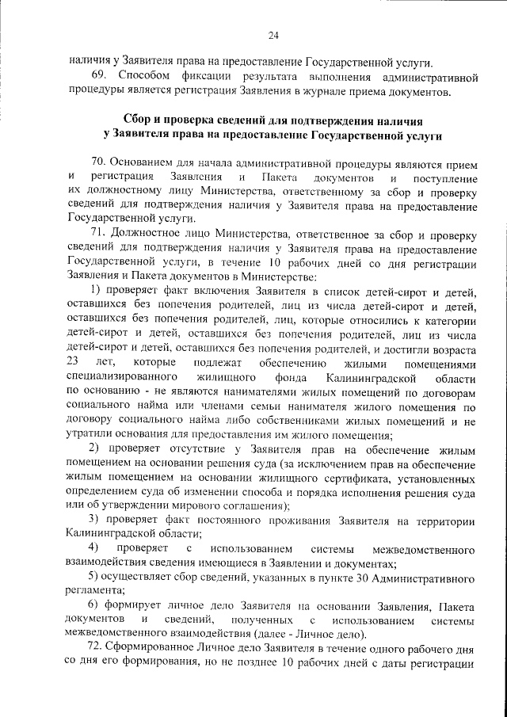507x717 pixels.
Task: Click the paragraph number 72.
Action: pos(100,649)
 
